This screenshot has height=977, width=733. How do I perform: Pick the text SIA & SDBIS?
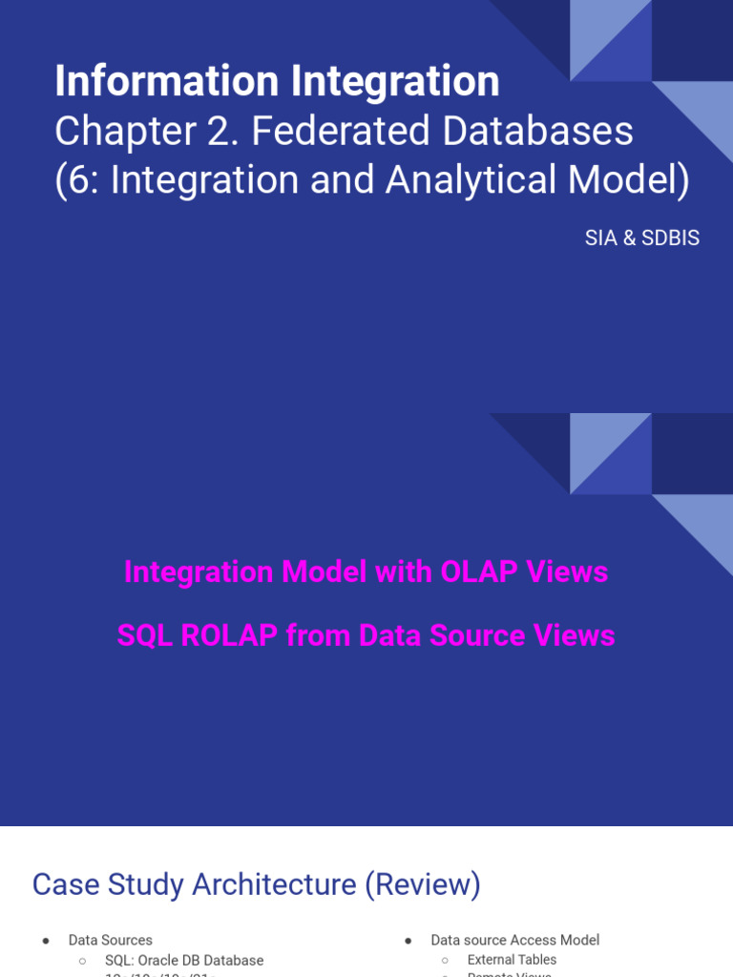click(x=642, y=239)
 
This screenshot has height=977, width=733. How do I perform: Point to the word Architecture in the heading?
click(x=274, y=884)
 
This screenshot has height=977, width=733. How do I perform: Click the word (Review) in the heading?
click(x=423, y=884)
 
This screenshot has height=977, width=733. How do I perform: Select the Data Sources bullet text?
click(x=110, y=940)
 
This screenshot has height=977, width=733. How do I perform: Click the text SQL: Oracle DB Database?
click(x=184, y=960)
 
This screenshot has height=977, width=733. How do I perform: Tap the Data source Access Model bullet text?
click(x=514, y=940)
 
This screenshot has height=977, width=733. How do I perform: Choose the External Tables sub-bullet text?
click(x=512, y=960)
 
